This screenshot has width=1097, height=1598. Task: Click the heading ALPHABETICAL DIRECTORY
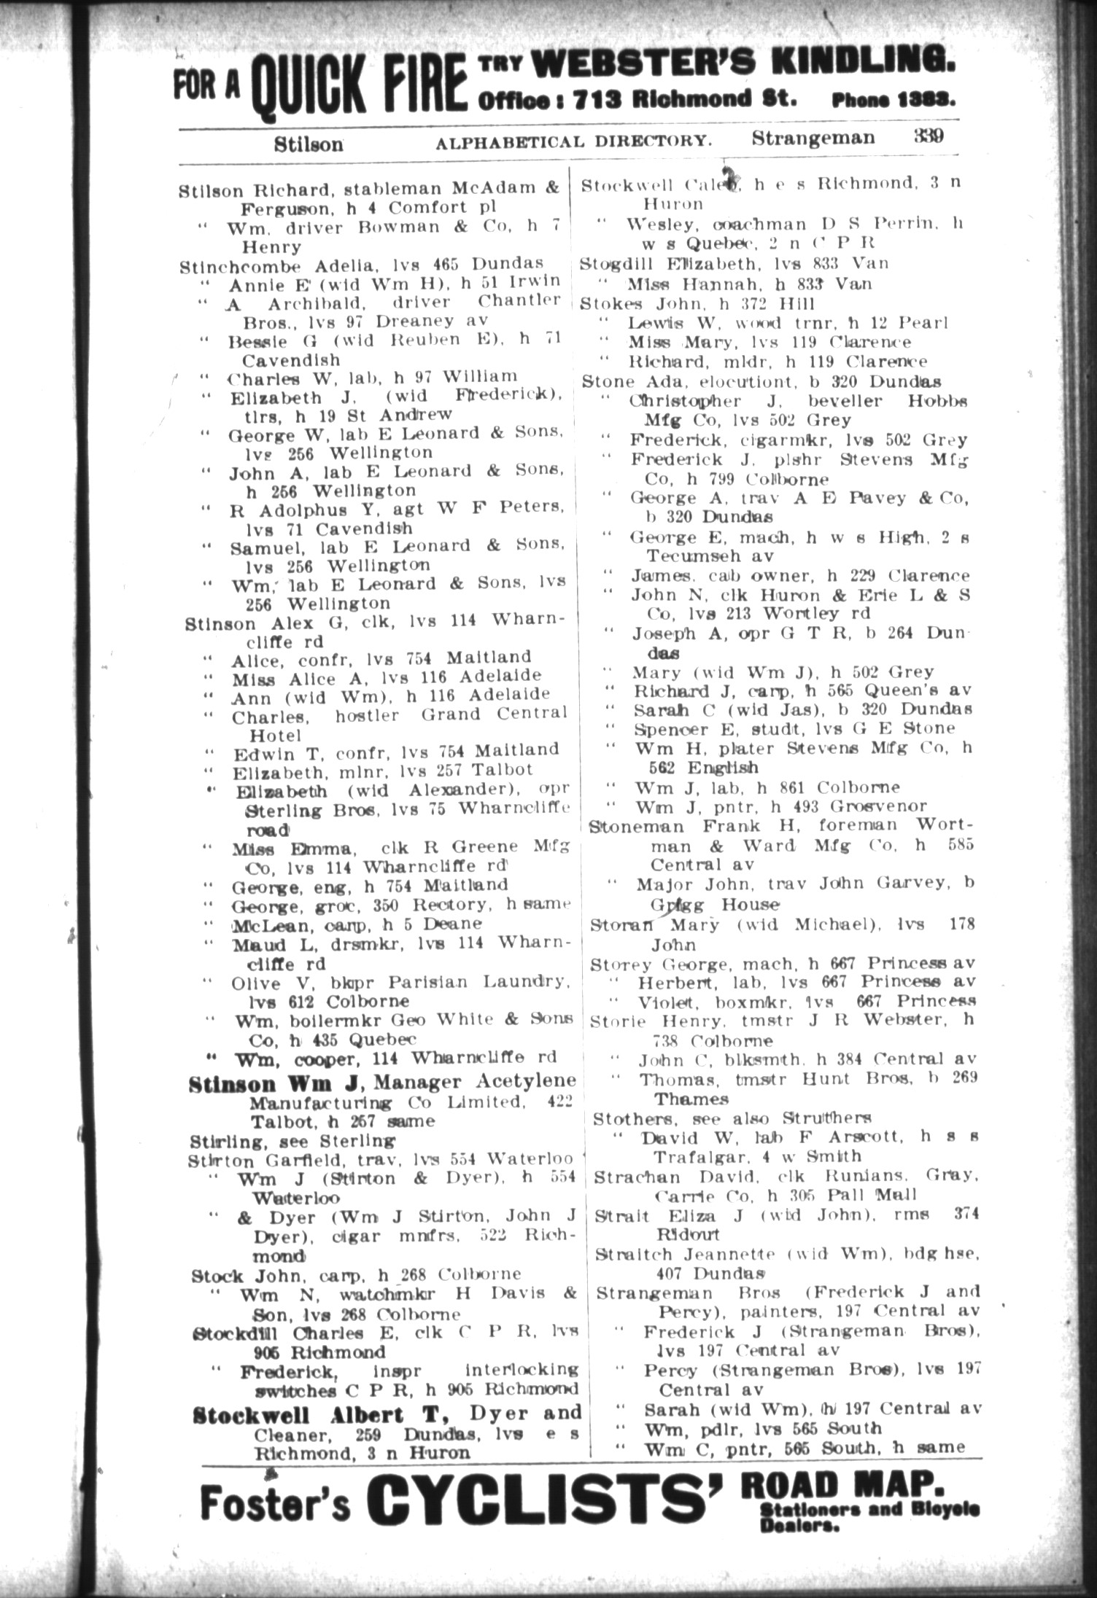(x=573, y=141)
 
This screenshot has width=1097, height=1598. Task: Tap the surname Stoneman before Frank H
(x=636, y=826)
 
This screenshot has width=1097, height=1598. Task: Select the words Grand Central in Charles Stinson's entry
(x=495, y=714)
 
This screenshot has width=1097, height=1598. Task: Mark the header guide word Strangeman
(x=813, y=138)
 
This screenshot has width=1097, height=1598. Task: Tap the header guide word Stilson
(x=309, y=144)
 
